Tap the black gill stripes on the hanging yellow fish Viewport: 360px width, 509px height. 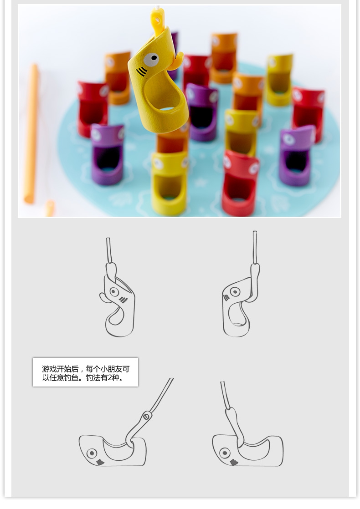[141, 71]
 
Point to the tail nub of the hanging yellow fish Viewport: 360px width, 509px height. [177, 61]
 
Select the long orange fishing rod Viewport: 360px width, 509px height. [31, 133]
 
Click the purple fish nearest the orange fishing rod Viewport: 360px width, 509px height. [107, 154]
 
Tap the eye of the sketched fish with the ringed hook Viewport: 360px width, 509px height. [92, 453]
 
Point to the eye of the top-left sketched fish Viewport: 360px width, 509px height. [114, 291]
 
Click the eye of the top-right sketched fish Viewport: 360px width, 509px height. [235, 291]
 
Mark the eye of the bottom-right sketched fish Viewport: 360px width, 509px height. [225, 453]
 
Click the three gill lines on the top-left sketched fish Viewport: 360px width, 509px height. [123, 300]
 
